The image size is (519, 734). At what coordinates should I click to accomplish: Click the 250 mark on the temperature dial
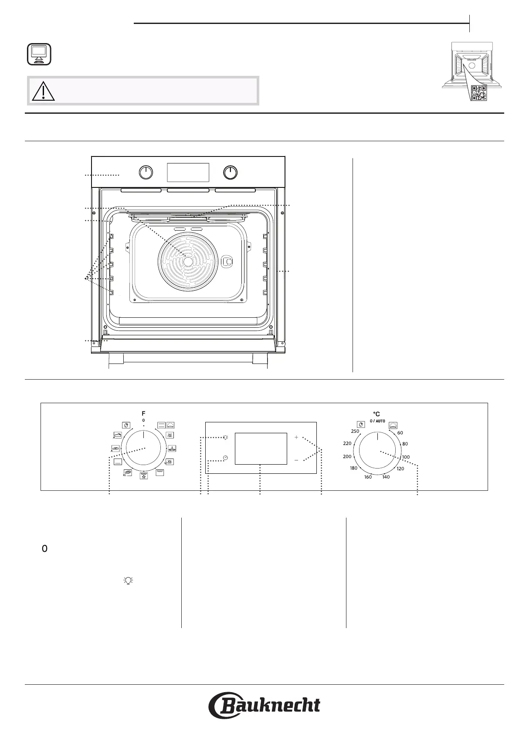(x=355, y=431)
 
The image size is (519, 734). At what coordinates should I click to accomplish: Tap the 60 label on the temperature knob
(x=400, y=432)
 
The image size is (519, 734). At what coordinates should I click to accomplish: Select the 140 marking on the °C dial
(x=386, y=477)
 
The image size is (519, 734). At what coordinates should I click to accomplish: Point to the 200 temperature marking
(x=347, y=456)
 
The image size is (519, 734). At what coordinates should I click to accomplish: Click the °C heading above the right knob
(x=377, y=414)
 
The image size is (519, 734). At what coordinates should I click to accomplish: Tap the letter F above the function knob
(x=143, y=414)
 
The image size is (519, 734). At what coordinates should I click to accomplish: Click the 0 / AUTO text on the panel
(x=377, y=421)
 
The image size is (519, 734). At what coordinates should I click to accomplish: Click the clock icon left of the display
(x=225, y=458)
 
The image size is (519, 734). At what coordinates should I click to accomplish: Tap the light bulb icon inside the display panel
(x=225, y=438)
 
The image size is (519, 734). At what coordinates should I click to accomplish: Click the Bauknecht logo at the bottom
(x=264, y=705)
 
